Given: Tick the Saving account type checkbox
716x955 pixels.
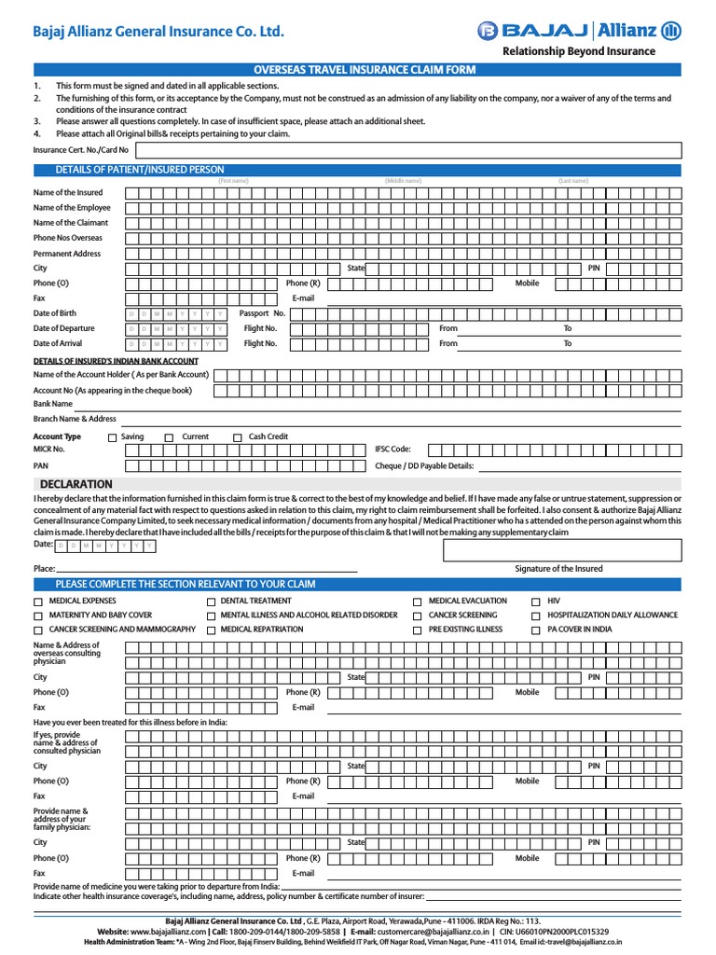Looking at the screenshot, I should coord(113,437).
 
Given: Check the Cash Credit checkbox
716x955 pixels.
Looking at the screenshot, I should coord(238,437).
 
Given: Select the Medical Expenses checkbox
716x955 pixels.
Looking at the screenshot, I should coord(38,602).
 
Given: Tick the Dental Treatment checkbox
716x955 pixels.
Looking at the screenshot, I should coord(212,602).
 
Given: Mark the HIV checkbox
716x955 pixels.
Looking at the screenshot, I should coord(536,602).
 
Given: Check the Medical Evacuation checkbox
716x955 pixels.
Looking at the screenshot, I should coord(418,602).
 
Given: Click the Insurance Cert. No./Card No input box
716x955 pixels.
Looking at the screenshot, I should coord(407,150).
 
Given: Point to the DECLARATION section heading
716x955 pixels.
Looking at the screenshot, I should coord(76,484).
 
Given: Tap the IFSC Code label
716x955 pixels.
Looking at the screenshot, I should coord(392,450).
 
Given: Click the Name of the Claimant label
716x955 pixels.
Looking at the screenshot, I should coord(71,223).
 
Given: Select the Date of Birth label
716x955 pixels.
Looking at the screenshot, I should coord(55,313).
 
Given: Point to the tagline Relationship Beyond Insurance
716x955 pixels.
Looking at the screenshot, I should coord(579,51).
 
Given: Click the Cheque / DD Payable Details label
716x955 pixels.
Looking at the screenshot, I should coord(424,465).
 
